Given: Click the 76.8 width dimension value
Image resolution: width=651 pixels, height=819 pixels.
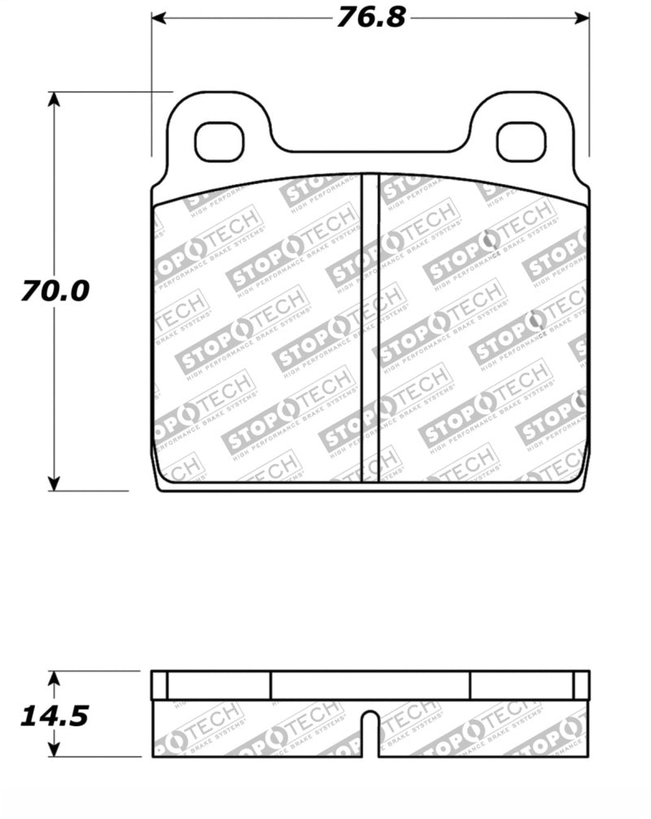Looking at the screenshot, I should tap(370, 17).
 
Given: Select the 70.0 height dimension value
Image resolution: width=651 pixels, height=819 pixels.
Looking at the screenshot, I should tap(55, 291).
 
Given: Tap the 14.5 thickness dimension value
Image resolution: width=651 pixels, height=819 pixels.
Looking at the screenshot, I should tap(55, 716).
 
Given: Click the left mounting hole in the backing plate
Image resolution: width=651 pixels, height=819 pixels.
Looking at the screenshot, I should tap(220, 141).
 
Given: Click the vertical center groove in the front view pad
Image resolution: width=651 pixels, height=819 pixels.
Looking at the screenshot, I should tap(370, 326).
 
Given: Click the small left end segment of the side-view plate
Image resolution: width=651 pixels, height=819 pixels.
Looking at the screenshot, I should tap(159, 685).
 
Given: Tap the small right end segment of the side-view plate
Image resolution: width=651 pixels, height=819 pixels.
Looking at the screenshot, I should tap(581, 685).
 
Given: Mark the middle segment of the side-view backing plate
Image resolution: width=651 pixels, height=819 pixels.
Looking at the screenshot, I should tap(370, 685).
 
